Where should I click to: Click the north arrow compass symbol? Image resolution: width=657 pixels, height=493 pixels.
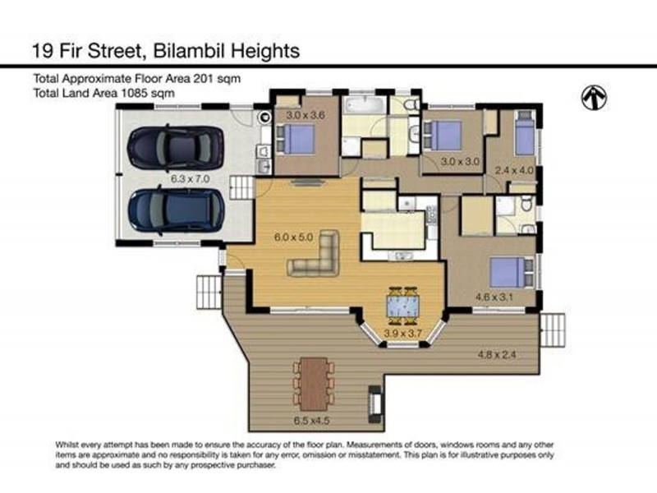click(x=595, y=98)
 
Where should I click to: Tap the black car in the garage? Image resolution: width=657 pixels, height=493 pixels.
click(x=175, y=148)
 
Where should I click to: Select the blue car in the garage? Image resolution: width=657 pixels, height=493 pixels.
click(x=175, y=210)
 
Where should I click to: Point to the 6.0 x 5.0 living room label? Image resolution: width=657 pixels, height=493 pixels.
click(x=294, y=237)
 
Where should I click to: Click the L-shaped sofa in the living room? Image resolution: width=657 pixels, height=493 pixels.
click(x=316, y=256)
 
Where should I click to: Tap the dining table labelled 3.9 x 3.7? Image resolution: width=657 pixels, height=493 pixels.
click(x=402, y=305)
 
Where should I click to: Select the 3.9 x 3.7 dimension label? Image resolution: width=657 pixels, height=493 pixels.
click(x=402, y=334)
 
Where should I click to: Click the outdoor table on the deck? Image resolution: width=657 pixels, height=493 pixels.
click(x=315, y=380)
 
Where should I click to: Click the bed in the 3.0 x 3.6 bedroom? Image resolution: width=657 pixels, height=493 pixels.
click(x=299, y=138)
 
